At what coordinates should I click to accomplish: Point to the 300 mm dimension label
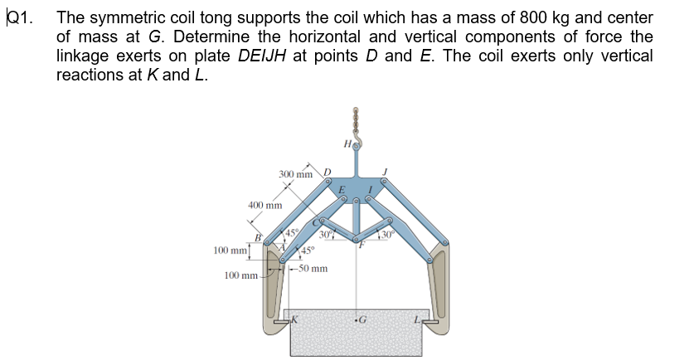click(296, 174)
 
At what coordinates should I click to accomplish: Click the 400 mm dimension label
click(265, 204)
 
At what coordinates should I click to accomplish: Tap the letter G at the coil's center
click(362, 319)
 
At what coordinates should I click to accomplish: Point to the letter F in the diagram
click(361, 246)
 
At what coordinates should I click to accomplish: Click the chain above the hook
click(357, 122)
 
